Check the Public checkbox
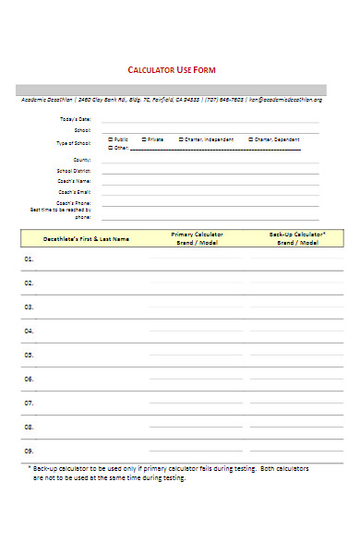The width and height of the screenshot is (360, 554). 111,139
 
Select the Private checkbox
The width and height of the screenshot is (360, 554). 144,139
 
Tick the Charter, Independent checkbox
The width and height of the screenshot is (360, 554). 181,139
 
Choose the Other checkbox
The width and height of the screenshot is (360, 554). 111,148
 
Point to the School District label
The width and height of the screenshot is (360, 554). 74,171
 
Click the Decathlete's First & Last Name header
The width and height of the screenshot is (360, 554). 86,239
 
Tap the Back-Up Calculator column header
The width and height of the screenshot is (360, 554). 296,238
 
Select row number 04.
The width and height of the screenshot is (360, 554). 29,331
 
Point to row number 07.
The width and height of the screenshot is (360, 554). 29,403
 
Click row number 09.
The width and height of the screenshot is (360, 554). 29,451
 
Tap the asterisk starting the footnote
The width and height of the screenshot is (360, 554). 29,469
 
